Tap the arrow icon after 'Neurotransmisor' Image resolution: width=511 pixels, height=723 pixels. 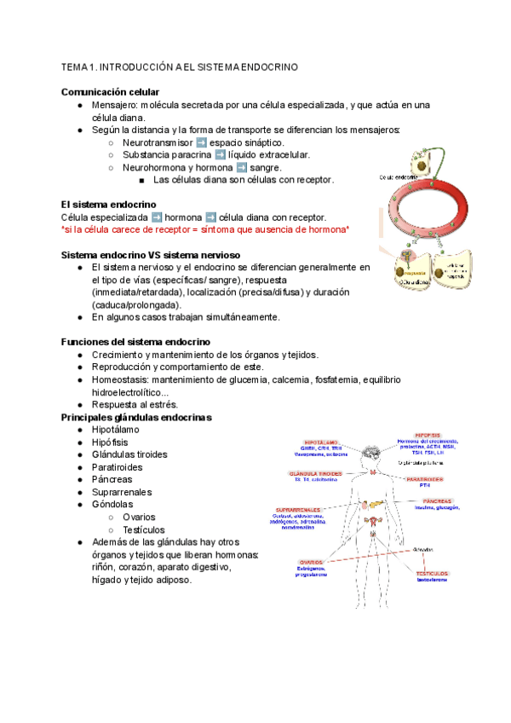click(x=201, y=142)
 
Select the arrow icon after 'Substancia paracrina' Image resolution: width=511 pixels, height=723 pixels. click(x=220, y=155)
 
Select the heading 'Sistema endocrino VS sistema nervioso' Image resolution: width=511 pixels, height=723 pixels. click(x=151, y=255)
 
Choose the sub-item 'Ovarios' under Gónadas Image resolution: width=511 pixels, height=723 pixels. click(x=139, y=517)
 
